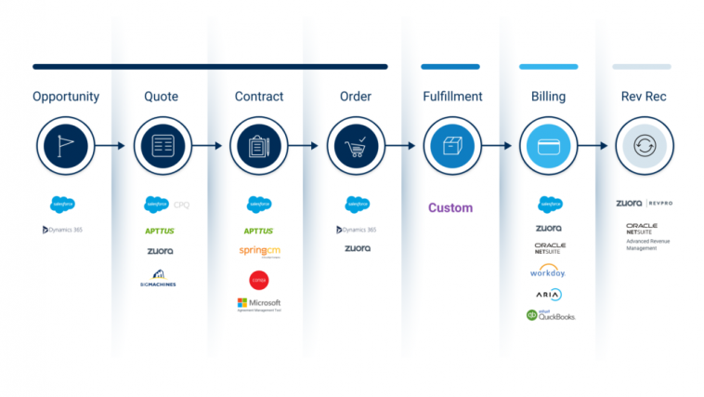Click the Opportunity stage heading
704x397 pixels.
click(x=65, y=97)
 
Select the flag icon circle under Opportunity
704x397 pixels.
click(x=65, y=145)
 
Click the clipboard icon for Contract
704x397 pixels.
click(x=259, y=145)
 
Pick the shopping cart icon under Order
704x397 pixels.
click(x=357, y=145)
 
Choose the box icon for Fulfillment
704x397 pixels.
click(x=452, y=145)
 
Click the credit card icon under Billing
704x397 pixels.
click(x=549, y=145)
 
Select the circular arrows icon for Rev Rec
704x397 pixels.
click(x=645, y=145)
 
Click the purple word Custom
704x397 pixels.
click(x=450, y=207)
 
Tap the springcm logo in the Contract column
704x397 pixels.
click(x=260, y=251)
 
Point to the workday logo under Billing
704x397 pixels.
click(x=549, y=271)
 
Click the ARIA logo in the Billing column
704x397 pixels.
click(x=549, y=294)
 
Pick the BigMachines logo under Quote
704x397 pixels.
click(x=160, y=277)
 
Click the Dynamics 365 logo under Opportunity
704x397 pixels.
click(x=63, y=229)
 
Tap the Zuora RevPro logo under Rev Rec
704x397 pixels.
click(x=645, y=203)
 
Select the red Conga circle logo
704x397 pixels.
click(x=259, y=279)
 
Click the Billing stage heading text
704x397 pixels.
click(x=549, y=97)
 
